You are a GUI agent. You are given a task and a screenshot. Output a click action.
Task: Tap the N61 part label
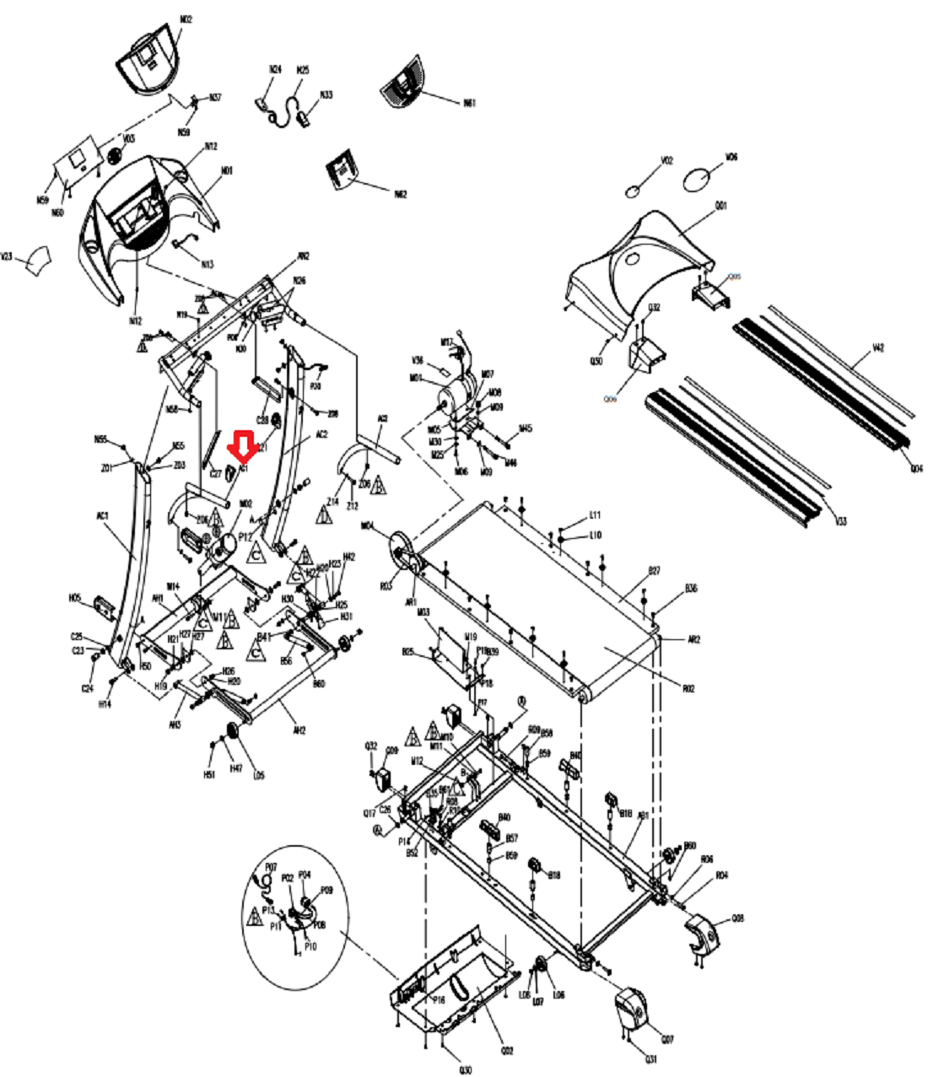click(469, 103)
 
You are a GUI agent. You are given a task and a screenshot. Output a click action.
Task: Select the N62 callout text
click(400, 194)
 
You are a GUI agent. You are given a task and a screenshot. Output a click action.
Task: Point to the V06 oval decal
click(698, 180)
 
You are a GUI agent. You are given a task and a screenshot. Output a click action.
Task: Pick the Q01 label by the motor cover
click(721, 206)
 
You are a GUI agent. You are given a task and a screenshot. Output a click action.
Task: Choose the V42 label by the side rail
click(877, 347)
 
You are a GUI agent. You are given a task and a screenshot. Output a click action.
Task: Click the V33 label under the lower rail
click(839, 521)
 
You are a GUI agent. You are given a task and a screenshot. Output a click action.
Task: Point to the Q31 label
click(651, 1059)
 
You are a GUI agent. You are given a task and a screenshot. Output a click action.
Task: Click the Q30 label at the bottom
click(466, 1070)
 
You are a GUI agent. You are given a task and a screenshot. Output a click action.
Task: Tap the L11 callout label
click(595, 514)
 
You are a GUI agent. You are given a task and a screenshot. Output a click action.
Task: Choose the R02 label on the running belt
click(688, 689)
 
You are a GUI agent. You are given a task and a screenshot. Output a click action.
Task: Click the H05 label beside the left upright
click(74, 597)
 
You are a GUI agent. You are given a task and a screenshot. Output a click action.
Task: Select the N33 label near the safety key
click(326, 95)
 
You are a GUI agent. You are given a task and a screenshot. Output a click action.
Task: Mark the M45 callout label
click(526, 428)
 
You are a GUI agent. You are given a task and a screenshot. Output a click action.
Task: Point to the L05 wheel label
click(259, 775)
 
